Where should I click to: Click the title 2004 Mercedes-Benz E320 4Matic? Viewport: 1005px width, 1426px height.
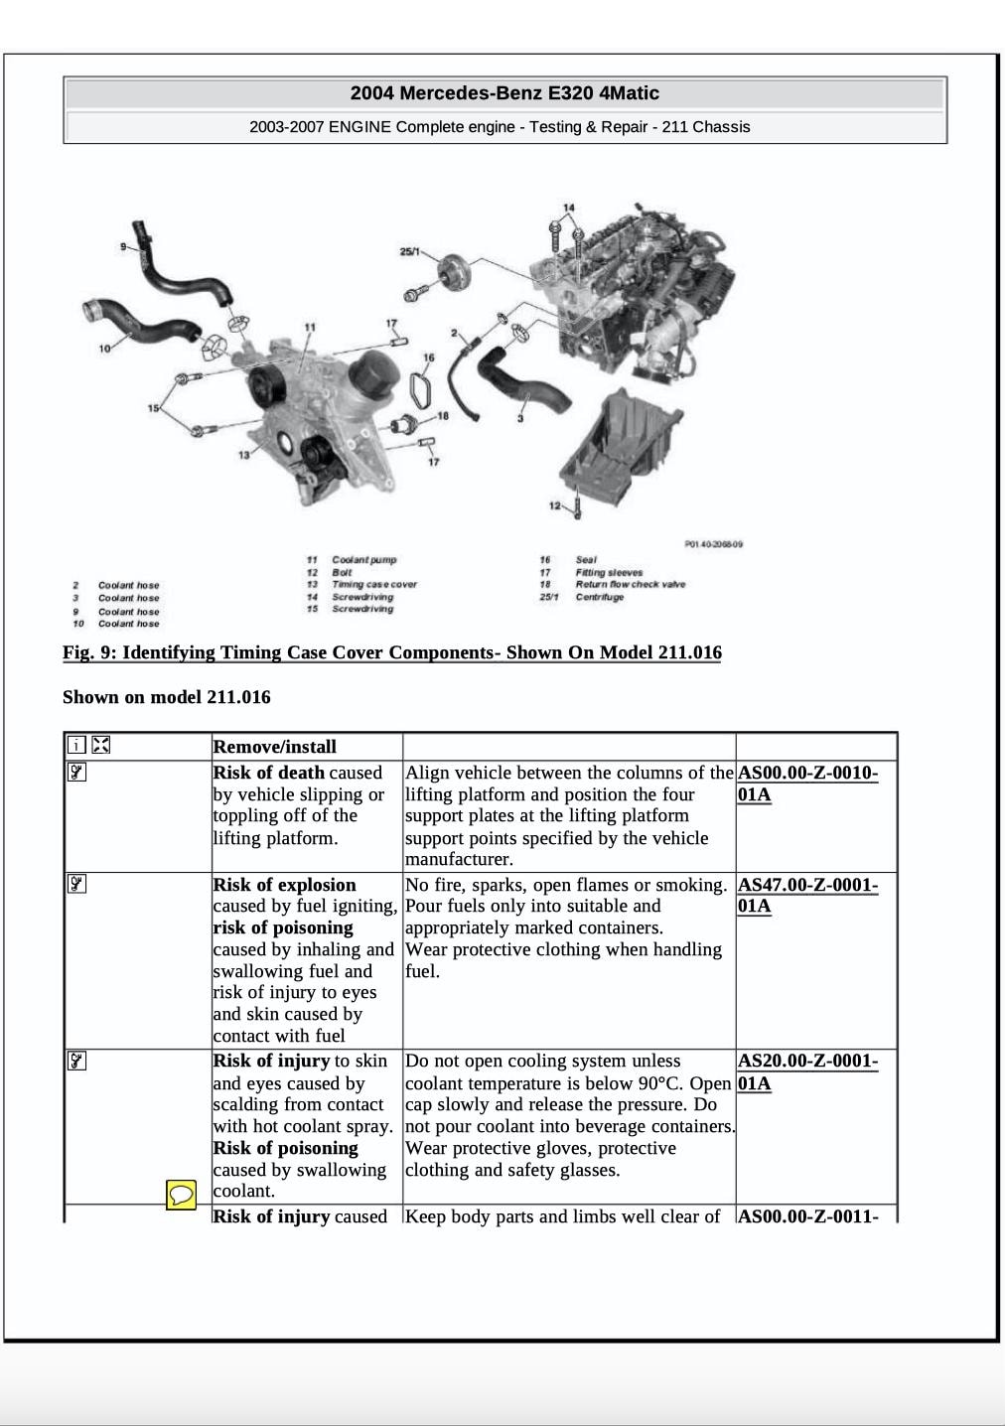pos(504,93)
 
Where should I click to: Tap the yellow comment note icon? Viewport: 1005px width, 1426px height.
pos(181,1195)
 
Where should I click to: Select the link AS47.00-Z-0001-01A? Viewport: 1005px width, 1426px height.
pos(806,895)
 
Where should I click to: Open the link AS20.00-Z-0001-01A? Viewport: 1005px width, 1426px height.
pos(806,1071)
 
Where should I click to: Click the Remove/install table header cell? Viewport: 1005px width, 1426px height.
pos(275,747)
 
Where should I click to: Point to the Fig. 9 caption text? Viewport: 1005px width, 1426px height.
pos(391,652)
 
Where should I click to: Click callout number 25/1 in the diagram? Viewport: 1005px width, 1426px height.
pos(409,251)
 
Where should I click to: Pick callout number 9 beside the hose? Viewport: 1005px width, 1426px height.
pos(123,246)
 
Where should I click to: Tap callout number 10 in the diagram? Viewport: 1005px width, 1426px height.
pos(104,349)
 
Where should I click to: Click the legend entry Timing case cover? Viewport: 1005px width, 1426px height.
pos(374,584)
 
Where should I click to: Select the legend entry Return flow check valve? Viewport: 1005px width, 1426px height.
pos(630,584)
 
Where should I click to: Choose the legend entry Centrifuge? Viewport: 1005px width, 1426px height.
pos(600,597)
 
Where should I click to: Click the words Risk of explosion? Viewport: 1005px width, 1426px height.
pos(284,885)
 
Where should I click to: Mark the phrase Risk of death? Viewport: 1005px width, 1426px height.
pos(268,773)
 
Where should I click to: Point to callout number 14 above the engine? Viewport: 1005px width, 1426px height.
pos(568,209)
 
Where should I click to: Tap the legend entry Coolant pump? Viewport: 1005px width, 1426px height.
pos(363,560)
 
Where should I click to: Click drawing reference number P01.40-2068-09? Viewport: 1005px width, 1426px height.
pos(713,543)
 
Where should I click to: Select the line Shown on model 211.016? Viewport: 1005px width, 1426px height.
pos(166,697)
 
